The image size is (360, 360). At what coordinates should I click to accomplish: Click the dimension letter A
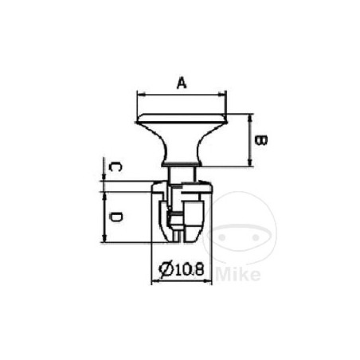(182, 83)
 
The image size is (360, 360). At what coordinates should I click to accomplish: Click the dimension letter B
(261, 140)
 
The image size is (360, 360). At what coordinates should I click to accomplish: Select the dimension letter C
(115, 167)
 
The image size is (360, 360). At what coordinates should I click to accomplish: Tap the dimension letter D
(115, 217)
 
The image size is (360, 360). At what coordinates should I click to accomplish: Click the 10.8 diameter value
(189, 269)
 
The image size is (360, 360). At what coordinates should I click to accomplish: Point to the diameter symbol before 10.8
(166, 269)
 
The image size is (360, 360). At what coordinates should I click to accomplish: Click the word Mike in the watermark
(238, 274)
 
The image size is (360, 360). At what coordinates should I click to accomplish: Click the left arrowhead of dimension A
(142, 94)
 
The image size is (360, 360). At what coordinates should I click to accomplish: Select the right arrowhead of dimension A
(222, 94)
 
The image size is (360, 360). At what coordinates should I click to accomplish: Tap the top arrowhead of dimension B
(249, 119)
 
